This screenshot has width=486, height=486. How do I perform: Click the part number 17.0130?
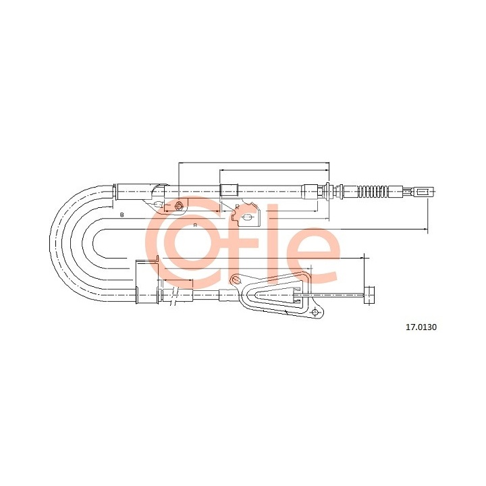421,327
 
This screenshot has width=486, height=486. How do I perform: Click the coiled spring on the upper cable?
373,191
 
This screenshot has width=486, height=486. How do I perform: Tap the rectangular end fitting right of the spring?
424,192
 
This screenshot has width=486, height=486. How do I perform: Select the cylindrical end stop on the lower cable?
369,295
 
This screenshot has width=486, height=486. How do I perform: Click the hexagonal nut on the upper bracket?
178,205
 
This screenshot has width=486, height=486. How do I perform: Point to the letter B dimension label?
122,215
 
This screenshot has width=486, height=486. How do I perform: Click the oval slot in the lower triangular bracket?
236,279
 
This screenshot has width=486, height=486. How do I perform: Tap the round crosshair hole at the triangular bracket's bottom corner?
315,312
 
